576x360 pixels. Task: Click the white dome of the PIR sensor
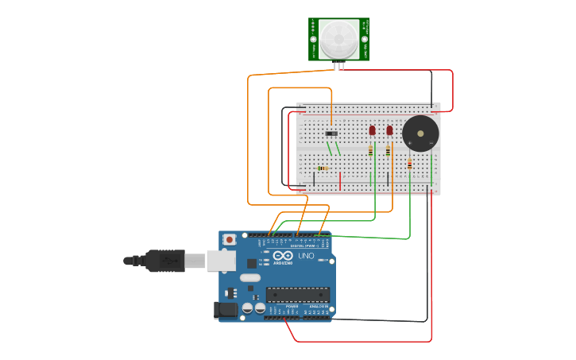[x=339, y=38]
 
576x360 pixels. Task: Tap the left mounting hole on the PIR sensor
[x=313, y=39]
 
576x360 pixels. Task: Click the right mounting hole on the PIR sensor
[x=365, y=39]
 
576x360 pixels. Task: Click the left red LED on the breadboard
[x=372, y=130]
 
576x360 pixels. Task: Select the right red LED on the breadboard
[x=389, y=130]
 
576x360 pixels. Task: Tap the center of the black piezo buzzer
[x=420, y=134]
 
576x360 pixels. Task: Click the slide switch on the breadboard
[x=331, y=133]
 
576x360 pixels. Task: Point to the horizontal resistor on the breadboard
[x=323, y=168]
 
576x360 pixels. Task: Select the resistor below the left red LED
[x=370, y=149]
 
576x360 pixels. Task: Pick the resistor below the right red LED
[x=388, y=150]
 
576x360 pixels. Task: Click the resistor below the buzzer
[x=409, y=165]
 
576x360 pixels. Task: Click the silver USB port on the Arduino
[x=222, y=260]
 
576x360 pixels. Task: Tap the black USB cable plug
[x=165, y=260]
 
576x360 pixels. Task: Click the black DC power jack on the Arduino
[x=226, y=310]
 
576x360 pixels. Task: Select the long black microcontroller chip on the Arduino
[x=297, y=295]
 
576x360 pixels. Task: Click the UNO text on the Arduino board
[x=306, y=256]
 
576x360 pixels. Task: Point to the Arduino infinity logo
[x=283, y=256]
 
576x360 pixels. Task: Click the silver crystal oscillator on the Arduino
[x=249, y=278]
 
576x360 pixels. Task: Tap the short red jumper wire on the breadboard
[x=340, y=181]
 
